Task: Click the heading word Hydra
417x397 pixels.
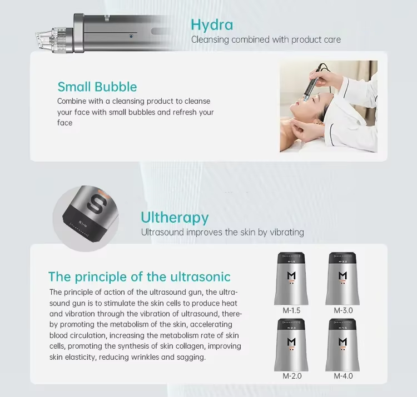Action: [x=212, y=25]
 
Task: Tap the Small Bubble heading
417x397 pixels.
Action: [x=97, y=87]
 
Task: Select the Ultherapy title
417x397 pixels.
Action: [x=175, y=218]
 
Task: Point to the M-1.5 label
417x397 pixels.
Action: [x=291, y=310]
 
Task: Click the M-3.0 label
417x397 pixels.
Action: [x=344, y=310]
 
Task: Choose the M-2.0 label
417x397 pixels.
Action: [x=292, y=376]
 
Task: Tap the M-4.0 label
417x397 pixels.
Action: [x=344, y=376]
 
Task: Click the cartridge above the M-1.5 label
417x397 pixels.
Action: [x=291, y=279]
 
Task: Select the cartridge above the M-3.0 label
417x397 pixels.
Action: [x=342, y=279]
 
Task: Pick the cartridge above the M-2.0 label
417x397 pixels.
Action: [x=291, y=345]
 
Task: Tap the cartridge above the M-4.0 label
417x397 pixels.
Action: [x=342, y=345]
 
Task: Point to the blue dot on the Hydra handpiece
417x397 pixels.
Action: [x=131, y=36]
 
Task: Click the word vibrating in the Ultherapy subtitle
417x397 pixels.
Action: [x=287, y=232]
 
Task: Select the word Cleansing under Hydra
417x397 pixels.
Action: [x=210, y=40]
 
